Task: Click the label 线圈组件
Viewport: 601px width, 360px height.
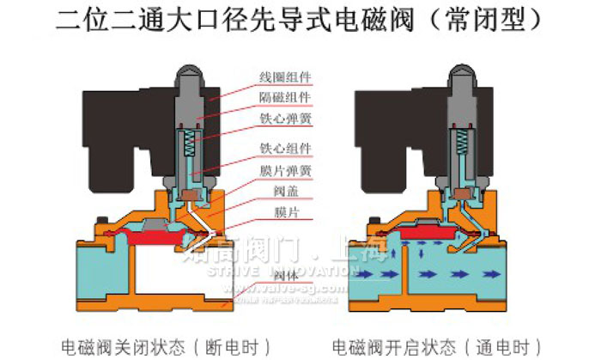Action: tap(286, 78)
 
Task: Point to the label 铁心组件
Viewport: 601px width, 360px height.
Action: tap(286, 149)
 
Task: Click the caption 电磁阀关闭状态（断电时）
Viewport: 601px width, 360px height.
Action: tap(166, 345)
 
